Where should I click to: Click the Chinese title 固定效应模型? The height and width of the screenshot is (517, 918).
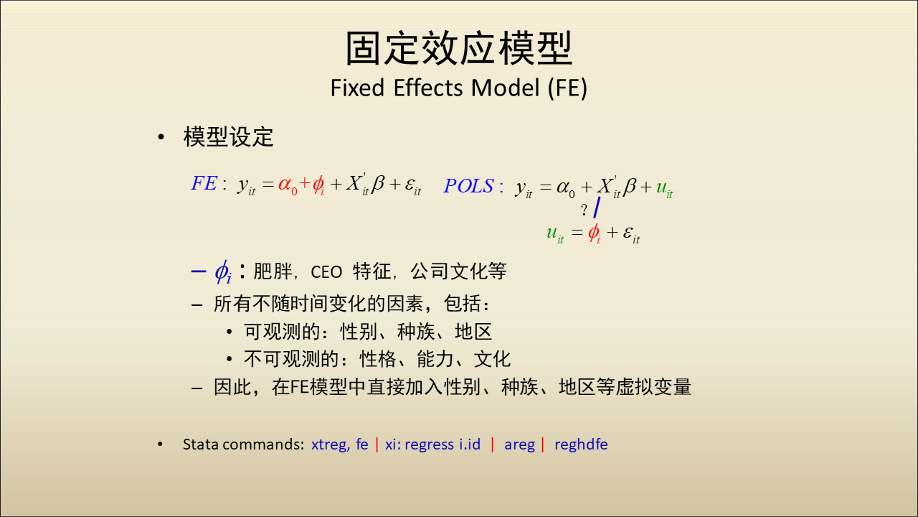(458, 48)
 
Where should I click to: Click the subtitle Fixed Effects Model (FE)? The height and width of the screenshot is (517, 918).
(458, 88)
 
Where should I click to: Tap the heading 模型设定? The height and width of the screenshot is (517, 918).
(228, 136)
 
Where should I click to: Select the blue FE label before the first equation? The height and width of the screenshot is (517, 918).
(204, 183)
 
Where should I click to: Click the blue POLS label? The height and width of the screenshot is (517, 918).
(469, 186)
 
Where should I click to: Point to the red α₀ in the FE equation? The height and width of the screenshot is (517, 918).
(288, 185)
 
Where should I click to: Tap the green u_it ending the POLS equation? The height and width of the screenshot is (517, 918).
(664, 188)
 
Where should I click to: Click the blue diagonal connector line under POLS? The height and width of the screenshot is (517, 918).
(597, 208)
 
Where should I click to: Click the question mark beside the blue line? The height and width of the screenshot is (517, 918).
(584, 210)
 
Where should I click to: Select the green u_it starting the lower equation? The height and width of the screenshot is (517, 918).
(555, 234)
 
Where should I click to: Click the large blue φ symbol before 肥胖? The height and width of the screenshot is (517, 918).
(223, 271)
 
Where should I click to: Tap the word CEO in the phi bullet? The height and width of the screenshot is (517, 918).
(326, 272)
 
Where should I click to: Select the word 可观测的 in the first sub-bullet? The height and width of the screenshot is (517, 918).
(282, 332)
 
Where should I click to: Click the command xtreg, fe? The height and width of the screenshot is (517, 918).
(339, 444)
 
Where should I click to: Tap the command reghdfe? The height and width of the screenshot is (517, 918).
(581, 444)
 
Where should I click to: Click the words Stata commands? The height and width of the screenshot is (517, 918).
(243, 444)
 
